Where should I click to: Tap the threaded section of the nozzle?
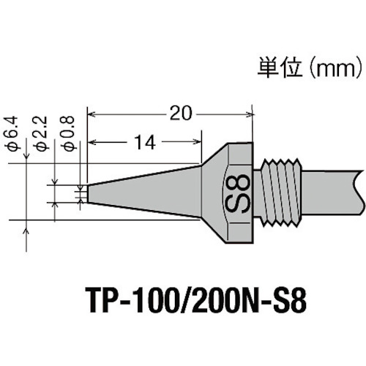coord(282,192)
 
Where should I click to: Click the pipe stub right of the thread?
coord(333,192)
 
